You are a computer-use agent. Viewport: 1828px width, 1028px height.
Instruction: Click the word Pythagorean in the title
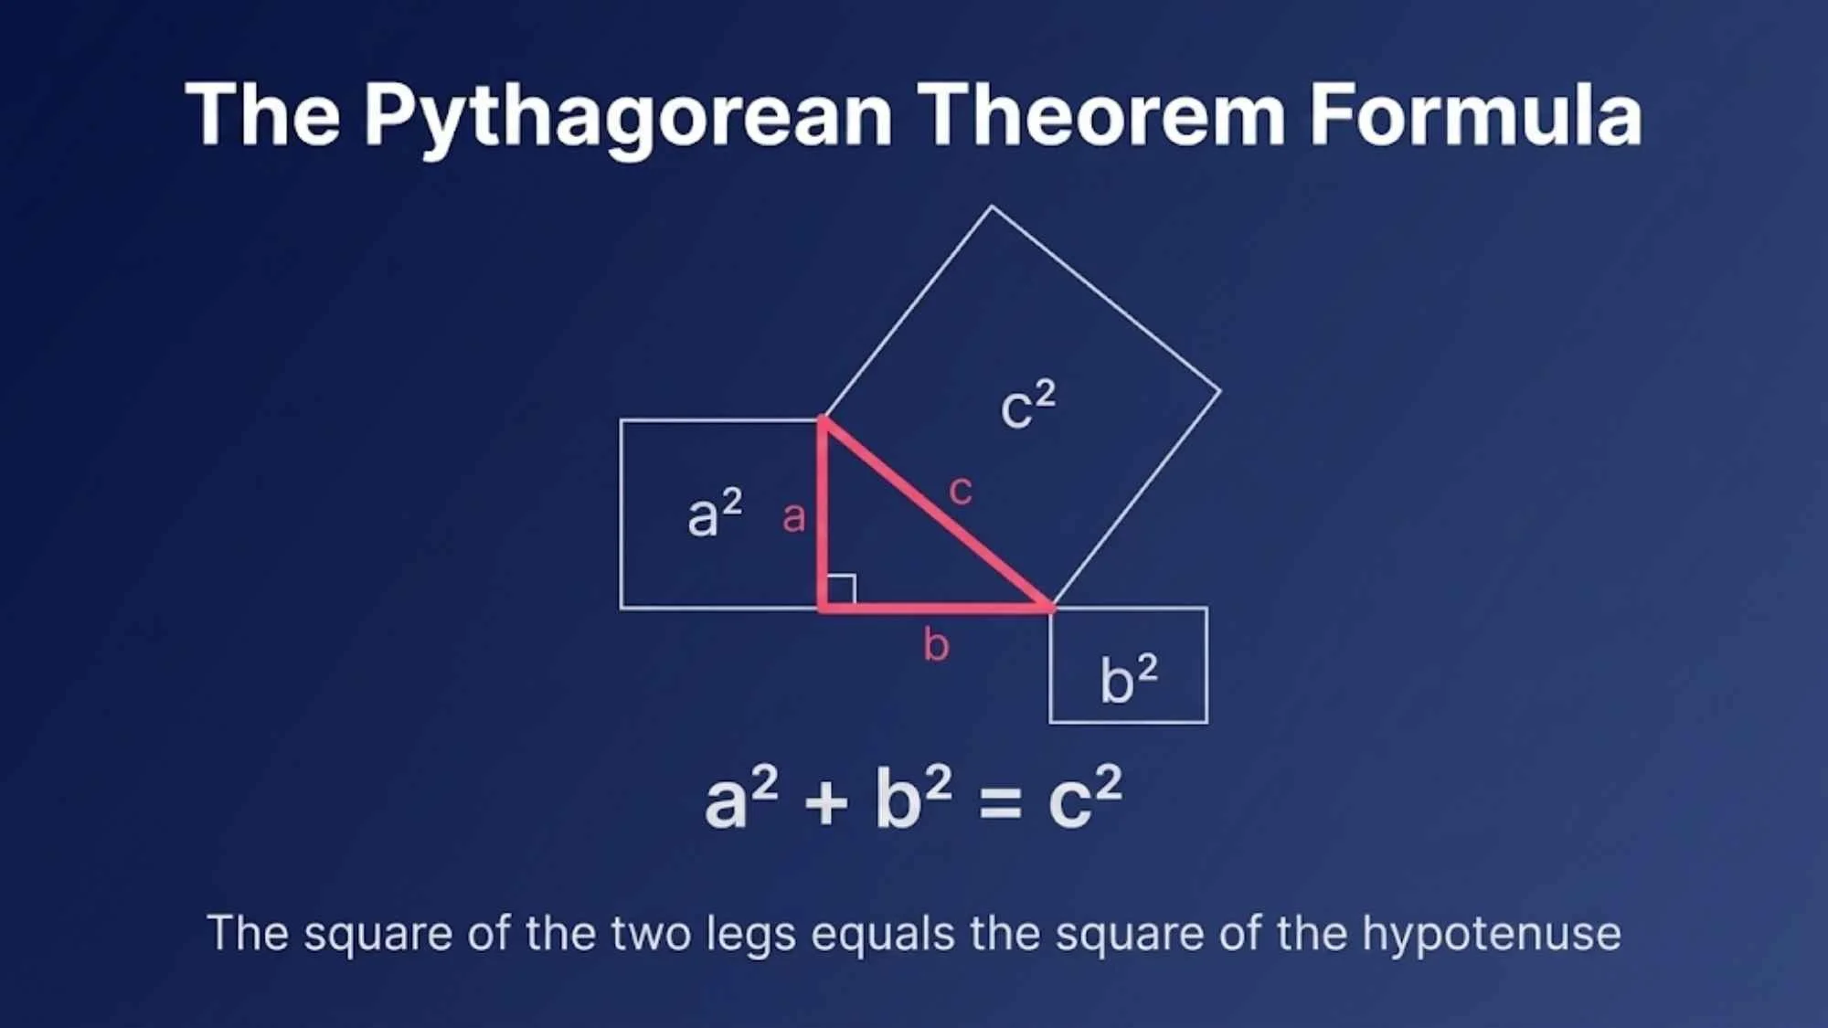click(628, 116)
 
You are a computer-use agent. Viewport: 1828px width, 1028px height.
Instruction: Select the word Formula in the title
click(1475, 114)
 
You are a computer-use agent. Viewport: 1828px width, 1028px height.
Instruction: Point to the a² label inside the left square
click(714, 513)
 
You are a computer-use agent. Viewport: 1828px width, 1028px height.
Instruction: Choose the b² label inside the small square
click(1129, 679)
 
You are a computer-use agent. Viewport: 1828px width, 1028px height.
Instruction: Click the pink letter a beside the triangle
click(793, 518)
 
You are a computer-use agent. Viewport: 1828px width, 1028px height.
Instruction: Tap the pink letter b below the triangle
click(936, 645)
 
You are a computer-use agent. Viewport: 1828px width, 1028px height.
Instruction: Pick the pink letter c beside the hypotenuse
click(960, 491)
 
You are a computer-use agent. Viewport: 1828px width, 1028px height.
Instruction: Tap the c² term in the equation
click(1084, 799)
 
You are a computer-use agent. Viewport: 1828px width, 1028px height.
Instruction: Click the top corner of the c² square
click(992, 207)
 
